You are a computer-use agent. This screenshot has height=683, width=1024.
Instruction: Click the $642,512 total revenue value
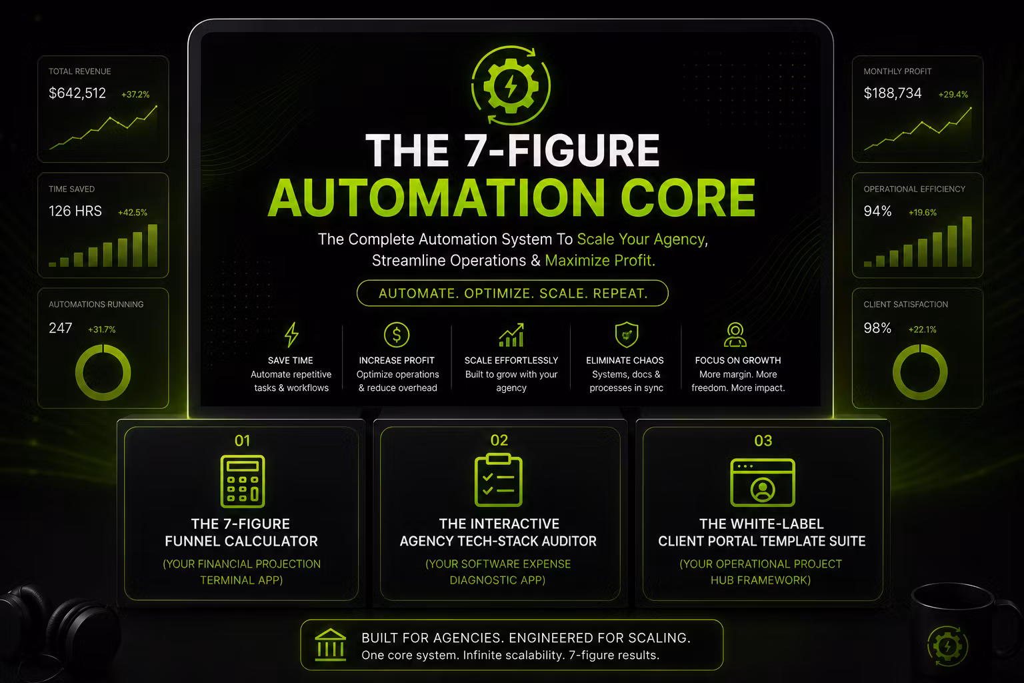pyautogui.click(x=77, y=93)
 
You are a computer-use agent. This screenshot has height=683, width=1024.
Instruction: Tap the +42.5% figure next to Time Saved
pyautogui.click(x=133, y=212)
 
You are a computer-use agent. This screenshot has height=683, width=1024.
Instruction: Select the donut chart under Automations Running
pyautogui.click(x=103, y=372)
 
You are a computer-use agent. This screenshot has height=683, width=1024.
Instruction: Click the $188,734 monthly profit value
pyautogui.click(x=893, y=93)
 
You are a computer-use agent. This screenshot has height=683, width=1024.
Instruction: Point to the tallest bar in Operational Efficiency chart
pyautogui.click(x=967, y=241)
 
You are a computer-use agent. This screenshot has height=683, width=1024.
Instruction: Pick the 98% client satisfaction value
pyautogui.click(x=877, y=328)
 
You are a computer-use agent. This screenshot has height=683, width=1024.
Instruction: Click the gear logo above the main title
pyautogui.click(x=511, y=85)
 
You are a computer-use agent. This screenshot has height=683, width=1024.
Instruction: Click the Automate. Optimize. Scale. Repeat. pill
pyautogui.click(x=513, y=293)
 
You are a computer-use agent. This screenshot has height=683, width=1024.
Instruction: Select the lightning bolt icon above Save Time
pyautogui.click(x=291, y=334)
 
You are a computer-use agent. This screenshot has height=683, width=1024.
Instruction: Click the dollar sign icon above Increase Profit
pyautogui.click(x=397, y=335)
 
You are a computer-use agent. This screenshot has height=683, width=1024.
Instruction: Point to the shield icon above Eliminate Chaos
pyautogui.click(x=626, y=334)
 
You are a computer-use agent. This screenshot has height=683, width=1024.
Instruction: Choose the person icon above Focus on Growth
pyautogui.click(x=735, y=335)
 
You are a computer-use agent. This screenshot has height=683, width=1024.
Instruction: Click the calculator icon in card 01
pyautogui.click(x=242, y=482)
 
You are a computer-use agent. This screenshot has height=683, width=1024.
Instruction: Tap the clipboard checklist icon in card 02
pyautogui.click(x=498, y=480)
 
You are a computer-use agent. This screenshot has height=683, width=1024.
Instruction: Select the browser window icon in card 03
pyautogui.click(x=763, y=483)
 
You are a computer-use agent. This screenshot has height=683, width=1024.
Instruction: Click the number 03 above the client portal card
pyautogui.click(x=763, y=440)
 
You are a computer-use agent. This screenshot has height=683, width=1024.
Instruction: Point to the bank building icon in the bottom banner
pyautogui.click(x=331, y=645)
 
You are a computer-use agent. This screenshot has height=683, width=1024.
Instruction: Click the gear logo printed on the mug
pyautogui.click(x=947, y=646)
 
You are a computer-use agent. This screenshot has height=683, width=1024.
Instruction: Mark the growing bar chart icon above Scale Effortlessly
pyautogui.click(x=511, y=335)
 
